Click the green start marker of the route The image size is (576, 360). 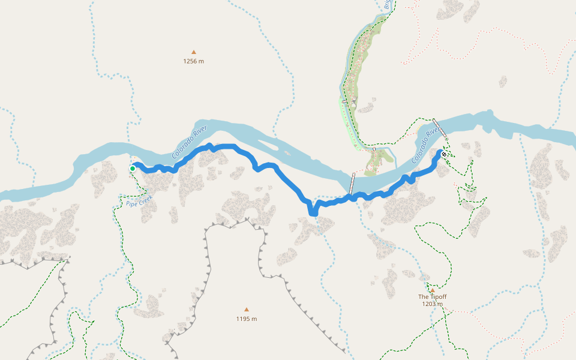coord(133,169)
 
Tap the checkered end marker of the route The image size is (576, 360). coord(443,155)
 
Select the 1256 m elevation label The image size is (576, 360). coord(193,61)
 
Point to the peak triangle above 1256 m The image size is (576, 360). coord(193,52)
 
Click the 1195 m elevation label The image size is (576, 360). coord(246,319)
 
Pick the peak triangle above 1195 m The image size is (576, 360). coord(246,310)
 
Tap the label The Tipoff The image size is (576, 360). coord(432,297)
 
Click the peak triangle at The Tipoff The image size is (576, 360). coord(432,290)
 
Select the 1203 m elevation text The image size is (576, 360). coord(432,304)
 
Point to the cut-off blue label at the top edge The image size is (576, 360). coord(388,5)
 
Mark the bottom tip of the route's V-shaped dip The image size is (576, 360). coord(312,212)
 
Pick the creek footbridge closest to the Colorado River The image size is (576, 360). coord(373,149)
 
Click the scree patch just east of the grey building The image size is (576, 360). coord(365,109)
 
